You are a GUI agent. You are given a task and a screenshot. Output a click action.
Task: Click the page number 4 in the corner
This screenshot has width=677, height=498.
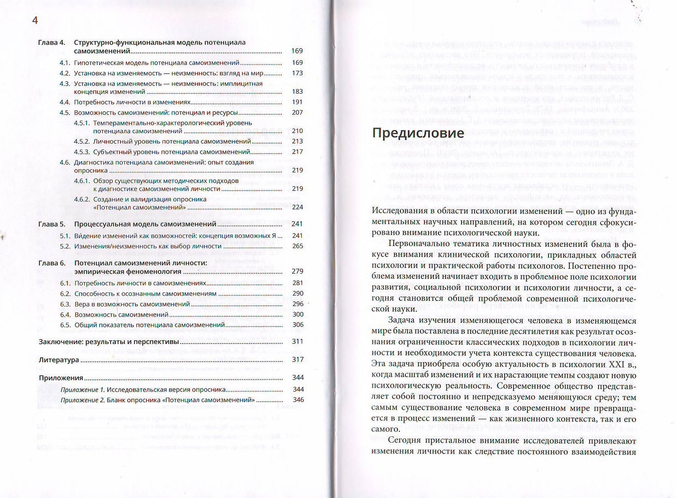(x=35, y=20)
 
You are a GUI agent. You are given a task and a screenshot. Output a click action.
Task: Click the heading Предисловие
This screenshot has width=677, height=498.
(x=418, y=133)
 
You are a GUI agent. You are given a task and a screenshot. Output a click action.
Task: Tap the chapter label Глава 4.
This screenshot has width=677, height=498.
(x=52, y=42)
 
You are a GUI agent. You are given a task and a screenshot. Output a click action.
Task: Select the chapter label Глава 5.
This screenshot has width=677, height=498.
(x=52, y=224)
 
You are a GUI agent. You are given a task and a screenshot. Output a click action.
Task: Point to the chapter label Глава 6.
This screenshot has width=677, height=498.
(x=52, y=263)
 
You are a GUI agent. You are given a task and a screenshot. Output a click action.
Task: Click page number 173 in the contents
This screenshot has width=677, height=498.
(x=297, y=73)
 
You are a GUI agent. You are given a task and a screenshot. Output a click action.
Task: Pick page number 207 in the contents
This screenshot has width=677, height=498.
(x=297, y=113)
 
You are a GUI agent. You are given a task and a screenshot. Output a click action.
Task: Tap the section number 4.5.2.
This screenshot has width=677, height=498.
(x=82, y=141)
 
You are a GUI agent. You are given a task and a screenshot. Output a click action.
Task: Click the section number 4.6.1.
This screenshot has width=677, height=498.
(x=82, y=181)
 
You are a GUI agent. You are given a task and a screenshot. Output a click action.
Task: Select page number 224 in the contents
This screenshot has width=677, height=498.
(x=297, y=207)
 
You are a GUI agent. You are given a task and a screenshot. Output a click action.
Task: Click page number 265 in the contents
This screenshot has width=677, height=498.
(x=298, y=246)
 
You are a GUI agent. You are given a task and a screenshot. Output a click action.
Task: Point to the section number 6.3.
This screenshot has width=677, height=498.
(x=65, y=304)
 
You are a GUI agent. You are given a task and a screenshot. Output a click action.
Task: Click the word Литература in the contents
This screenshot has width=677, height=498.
(x=59, y=360)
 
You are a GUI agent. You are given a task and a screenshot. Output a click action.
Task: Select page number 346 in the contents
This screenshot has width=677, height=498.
(x=298, y=400)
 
